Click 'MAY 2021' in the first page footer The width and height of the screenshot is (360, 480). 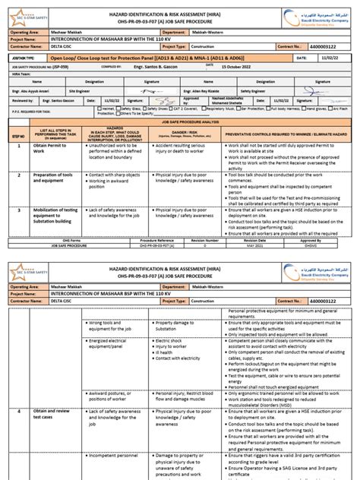(248, 245)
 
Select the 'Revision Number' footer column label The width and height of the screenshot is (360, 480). (248, 238)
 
